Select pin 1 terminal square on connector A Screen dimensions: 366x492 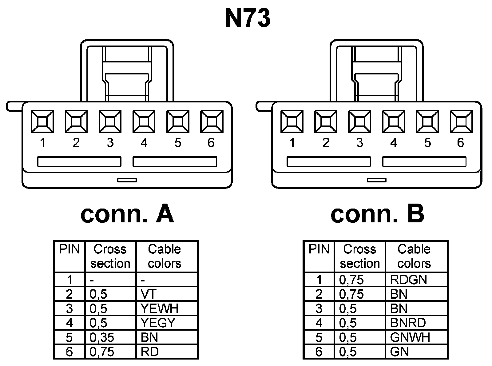click(42, 122)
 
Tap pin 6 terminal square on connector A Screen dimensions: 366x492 click(212, 122)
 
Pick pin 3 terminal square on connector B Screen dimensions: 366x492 click(359, 122)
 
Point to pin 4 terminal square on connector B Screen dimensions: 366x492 click(393, 122)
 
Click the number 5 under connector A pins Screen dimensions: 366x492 click(178, 143)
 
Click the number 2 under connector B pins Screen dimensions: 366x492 click(326, 143)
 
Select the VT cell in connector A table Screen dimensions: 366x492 click(166, 294)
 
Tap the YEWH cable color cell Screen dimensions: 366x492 click(166, 308)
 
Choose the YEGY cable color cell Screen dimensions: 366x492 click(166, 323)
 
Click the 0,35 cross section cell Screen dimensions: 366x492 click(110, 337)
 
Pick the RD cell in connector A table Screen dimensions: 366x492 click(166, 352)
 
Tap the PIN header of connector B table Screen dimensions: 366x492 click(319, 249)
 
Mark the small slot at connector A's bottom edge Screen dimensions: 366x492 click(127, 180)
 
